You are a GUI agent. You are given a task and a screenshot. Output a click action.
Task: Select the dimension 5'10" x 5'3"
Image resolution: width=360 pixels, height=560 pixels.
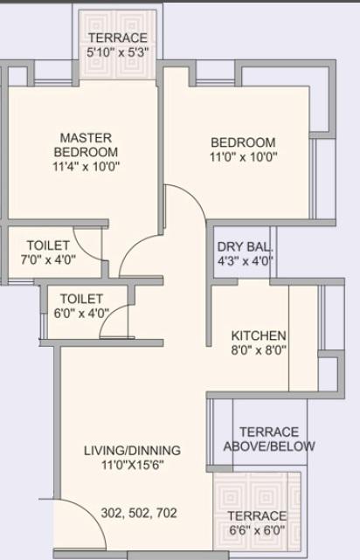point(117,52)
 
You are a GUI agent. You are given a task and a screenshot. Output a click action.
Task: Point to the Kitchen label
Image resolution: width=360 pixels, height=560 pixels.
point(258,335)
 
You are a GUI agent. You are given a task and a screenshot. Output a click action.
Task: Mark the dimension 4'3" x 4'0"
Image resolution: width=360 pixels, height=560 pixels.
point(246,260)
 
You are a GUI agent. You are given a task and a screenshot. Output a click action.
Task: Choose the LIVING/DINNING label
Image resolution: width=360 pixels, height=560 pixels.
point(132,450)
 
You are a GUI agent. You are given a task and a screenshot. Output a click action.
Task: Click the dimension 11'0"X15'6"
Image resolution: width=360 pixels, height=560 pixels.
point(132,465)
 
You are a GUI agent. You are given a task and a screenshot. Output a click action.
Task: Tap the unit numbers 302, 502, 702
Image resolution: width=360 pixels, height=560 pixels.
point(139,513)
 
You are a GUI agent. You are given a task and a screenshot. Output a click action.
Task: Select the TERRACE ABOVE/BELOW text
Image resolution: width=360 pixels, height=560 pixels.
point(269,439)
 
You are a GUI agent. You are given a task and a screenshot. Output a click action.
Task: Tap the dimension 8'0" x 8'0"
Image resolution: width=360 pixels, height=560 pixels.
point(258,350)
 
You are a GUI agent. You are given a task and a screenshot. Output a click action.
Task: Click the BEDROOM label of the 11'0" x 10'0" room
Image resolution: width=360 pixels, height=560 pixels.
point(242,142)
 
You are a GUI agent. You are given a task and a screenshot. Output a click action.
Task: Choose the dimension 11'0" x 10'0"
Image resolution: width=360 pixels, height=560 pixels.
point(242,158)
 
